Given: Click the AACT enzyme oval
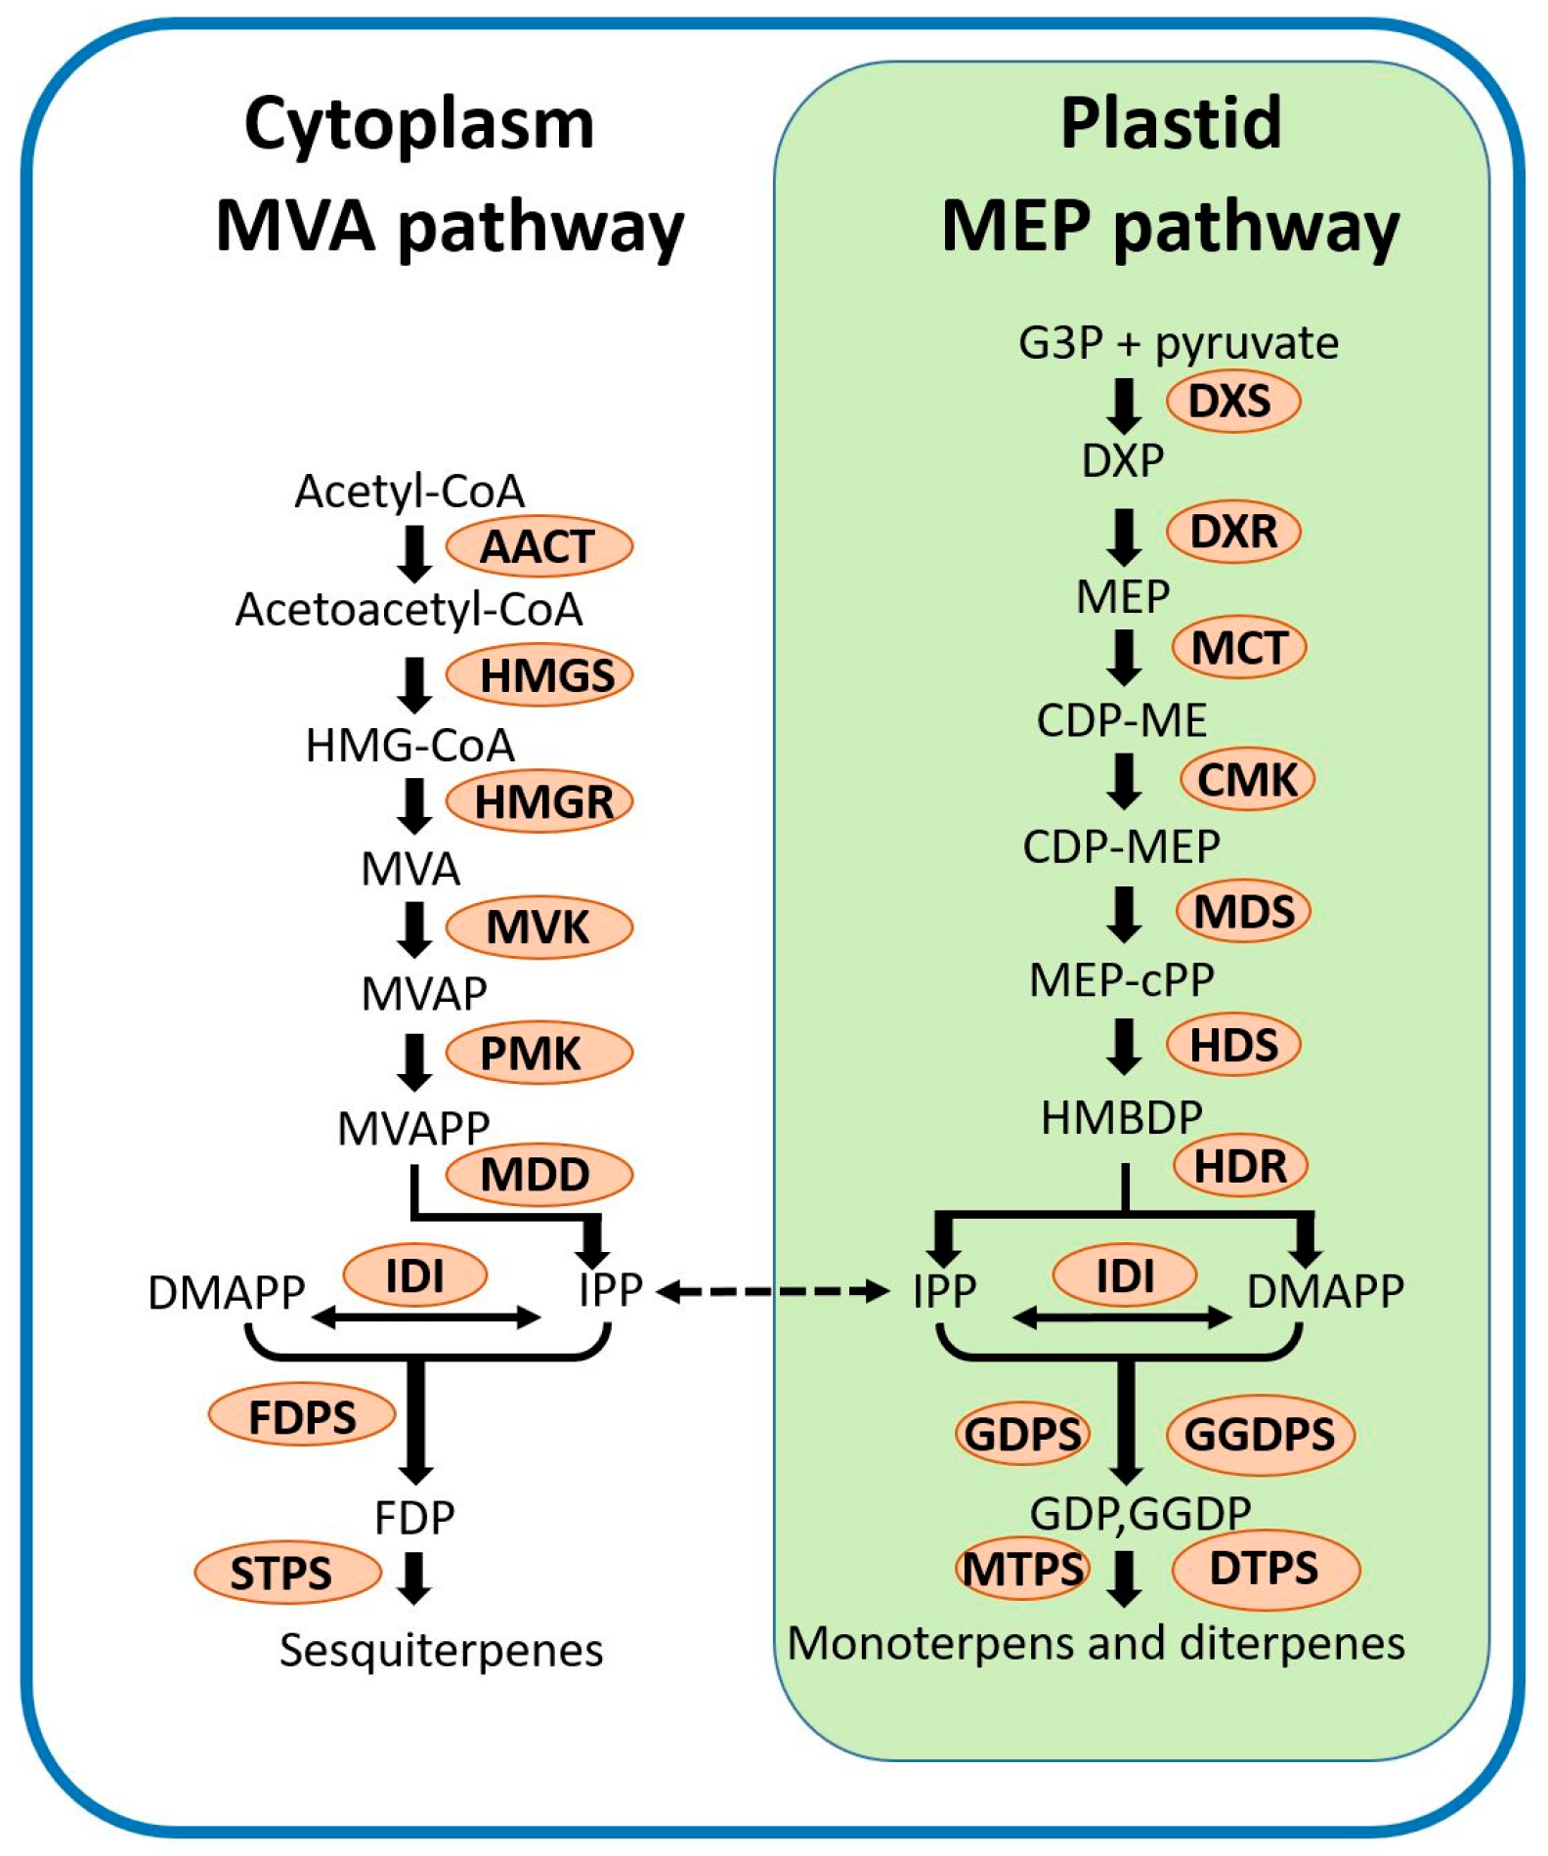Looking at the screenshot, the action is coord(539,545).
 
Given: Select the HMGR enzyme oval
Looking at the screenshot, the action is coord(539,801).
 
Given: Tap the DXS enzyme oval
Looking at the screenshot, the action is coord(1233,401).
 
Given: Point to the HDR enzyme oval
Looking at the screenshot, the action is coord(1240,1165).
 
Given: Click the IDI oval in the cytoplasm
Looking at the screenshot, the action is coord(415,1275).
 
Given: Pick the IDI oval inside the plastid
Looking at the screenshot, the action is coord(1125,1275).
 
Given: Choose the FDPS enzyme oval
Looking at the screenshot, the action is coord(302,1415).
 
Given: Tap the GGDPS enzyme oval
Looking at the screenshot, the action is coord(1261,1434).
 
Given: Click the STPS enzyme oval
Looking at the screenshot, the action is coord(287,1572).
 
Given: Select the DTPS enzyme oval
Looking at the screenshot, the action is coord(1266,1569).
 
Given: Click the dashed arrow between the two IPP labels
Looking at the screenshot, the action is coord(772,1292).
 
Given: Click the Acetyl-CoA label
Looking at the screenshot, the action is coord(410,491).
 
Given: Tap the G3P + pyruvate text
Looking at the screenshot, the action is coord(1179,343).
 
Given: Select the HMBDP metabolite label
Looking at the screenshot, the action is coord(1121,1117).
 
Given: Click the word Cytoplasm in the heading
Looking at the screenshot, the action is coord(419,125).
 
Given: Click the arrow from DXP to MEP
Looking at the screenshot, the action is coord(1125,537).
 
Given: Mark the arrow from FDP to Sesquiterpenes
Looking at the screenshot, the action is coord(415,1578).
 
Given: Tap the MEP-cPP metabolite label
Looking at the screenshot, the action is coord(1122,979).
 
